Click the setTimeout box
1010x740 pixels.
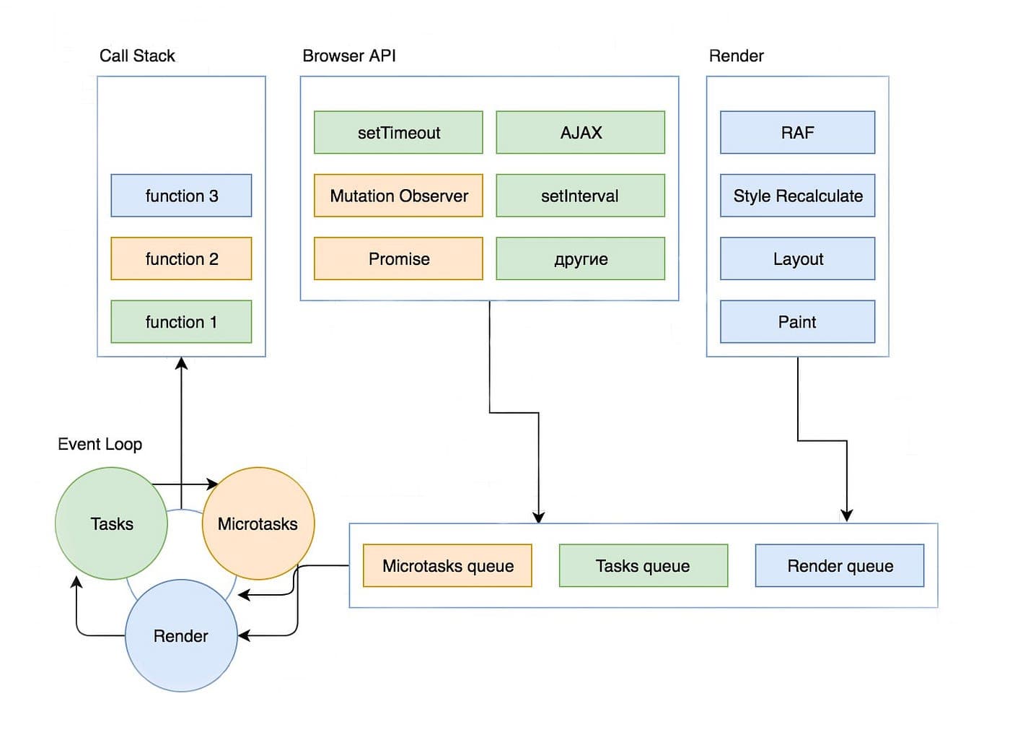[398, 133]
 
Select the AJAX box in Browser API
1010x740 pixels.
[581, 133]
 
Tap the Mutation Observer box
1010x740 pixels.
[398, 196]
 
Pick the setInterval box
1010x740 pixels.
[581, 196]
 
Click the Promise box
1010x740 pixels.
[398, 259]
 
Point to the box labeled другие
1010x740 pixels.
[581, 259]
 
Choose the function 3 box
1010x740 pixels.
[181, 196]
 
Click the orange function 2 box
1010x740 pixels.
[181, 259]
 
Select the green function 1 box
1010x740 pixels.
[181, 322]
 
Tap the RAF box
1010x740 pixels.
[798, 133]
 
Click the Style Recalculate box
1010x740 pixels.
[798, 196]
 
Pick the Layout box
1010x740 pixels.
[798, 259]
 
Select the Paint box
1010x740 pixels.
[798, 322]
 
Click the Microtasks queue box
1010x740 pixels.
[448, 566]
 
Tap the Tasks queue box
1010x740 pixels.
[644, 566]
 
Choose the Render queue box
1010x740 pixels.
[840, 566]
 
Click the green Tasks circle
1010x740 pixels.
[111, 524]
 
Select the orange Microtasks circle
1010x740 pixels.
[258, 524]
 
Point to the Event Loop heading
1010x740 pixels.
[100, 445]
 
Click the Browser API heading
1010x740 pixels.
[349, 56]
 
